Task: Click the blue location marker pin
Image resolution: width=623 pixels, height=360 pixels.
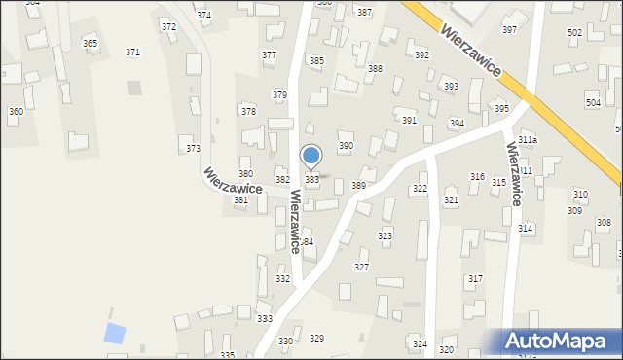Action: [311, 156]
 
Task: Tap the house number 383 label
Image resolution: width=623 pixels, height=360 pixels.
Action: [312, 180]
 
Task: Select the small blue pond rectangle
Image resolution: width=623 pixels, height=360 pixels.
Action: [115, 333]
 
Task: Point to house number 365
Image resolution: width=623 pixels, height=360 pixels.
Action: [90, 44]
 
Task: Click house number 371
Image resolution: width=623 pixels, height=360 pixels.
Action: [132, 52]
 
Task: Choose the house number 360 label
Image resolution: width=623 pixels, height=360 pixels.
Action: [16, 112]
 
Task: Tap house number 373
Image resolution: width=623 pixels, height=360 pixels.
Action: [193, 148]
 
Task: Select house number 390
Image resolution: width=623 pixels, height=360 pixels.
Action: [345, 146]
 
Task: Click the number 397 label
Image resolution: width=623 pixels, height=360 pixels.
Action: [509, 30]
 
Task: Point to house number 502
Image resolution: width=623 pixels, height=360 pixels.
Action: [574, 33]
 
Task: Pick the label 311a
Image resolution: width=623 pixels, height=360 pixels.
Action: [528, 140]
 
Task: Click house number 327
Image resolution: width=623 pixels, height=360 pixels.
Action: [361, 267]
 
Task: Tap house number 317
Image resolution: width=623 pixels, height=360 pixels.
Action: [475, 279]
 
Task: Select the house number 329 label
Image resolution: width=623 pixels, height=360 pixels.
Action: [316, 339]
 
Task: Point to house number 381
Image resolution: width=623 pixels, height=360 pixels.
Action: [240, 200]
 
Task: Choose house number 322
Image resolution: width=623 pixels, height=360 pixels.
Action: [420, 189]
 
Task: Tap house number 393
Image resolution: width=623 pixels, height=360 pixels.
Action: [451, 87]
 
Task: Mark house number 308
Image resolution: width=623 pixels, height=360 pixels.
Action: [604, 223]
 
